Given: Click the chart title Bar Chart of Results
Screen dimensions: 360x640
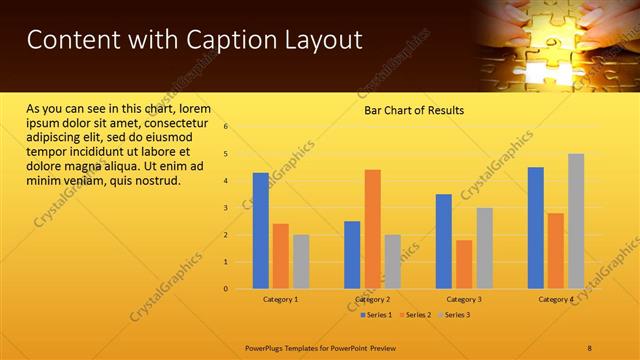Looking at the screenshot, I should [x=413, y=110].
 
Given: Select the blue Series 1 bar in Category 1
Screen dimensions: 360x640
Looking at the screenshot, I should [x=260, y=231].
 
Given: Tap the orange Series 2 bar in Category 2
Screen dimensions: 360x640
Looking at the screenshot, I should [x=372, y=229].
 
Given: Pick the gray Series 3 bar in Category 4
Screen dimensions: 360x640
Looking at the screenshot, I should [x=576, y=221].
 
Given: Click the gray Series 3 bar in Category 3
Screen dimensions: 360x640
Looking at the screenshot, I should [x=484, y=248].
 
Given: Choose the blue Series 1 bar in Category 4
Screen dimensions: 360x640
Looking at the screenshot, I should [x=536, y=228].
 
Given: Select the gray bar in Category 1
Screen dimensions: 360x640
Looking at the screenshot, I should [x=301, y=262].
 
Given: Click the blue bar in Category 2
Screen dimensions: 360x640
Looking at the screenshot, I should [x=352, y=255].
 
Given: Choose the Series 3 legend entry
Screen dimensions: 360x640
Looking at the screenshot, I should [x=457, y=315].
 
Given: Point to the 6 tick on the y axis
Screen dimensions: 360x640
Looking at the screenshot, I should [x=226, y=127].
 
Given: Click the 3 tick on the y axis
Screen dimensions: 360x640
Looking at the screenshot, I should [x=226, y=208].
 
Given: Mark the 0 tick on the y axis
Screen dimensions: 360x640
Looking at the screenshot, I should [x=226, y=289].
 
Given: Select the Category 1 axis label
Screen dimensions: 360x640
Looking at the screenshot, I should [x=280, y=299].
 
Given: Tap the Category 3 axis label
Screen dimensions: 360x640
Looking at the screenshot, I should [x=464, y=299].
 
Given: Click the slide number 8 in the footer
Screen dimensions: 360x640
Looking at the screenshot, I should [x=590, y=347].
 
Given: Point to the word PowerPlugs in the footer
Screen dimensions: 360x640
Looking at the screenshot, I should [x=268, y=347].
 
